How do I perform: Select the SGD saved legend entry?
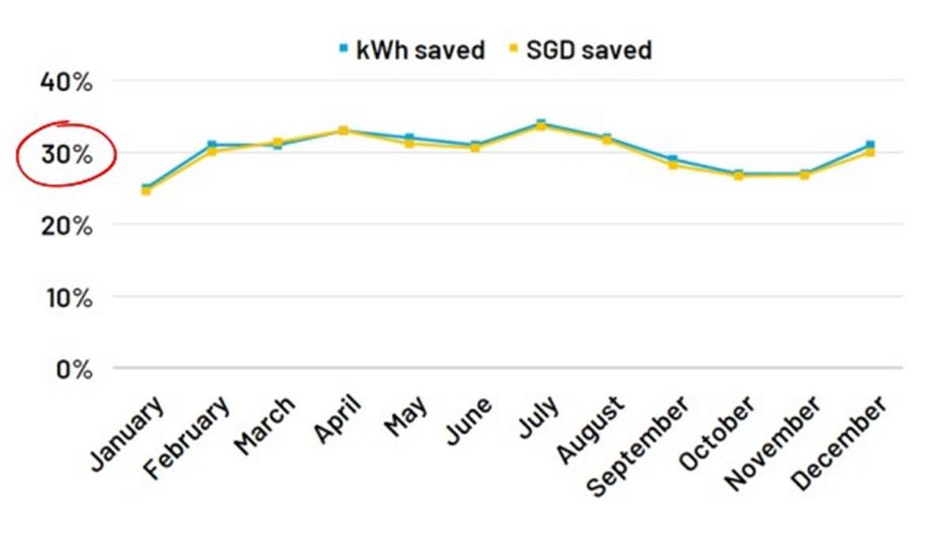(580, 51)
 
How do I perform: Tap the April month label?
(337, 419)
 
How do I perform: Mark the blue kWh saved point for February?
(212, 145)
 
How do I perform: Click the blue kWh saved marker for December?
(870, 145)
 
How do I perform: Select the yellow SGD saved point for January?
(146, 191)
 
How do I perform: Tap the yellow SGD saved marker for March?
(277, 142)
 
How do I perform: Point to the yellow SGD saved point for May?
(409, 143)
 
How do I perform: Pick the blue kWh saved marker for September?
(672, 160)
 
